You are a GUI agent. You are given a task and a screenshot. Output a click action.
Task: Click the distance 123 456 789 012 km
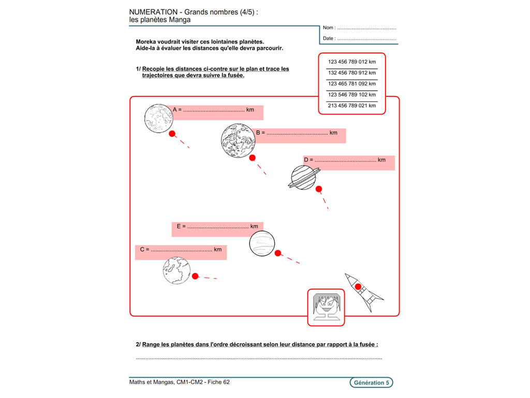click(x=352, y=62)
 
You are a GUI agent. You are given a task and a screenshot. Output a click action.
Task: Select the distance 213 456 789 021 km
click(x=352, y=105)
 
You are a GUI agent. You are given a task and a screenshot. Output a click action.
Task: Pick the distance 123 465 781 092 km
click(x=352, y=83)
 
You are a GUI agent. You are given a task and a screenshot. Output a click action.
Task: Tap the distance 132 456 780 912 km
click(x=352, y=73)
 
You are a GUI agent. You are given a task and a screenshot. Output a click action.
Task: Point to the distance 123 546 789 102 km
click(x=352, y=94)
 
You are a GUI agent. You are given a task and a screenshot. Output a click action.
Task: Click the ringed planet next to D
click(x=303, y=177)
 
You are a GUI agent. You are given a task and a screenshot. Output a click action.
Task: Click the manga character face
click(x=326, y=307)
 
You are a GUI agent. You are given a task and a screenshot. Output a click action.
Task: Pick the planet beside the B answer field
click(x=238, y=140)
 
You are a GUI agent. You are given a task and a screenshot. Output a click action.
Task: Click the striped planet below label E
click(x=262, y=244)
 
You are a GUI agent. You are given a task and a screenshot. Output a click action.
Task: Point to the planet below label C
click(x=177, y=271)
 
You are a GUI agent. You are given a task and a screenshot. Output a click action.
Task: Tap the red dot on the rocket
click(x=358, y=286)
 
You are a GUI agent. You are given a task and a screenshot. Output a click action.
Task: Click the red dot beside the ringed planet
click(x=319, y=189)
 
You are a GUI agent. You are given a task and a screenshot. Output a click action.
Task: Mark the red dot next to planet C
click(x=195, y=276)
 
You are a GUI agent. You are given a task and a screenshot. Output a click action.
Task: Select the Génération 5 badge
click(x=371, y=383)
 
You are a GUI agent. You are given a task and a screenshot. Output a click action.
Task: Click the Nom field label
click(x=329, y=28)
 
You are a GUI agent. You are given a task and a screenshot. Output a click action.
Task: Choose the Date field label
click(x=329, y=38)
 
